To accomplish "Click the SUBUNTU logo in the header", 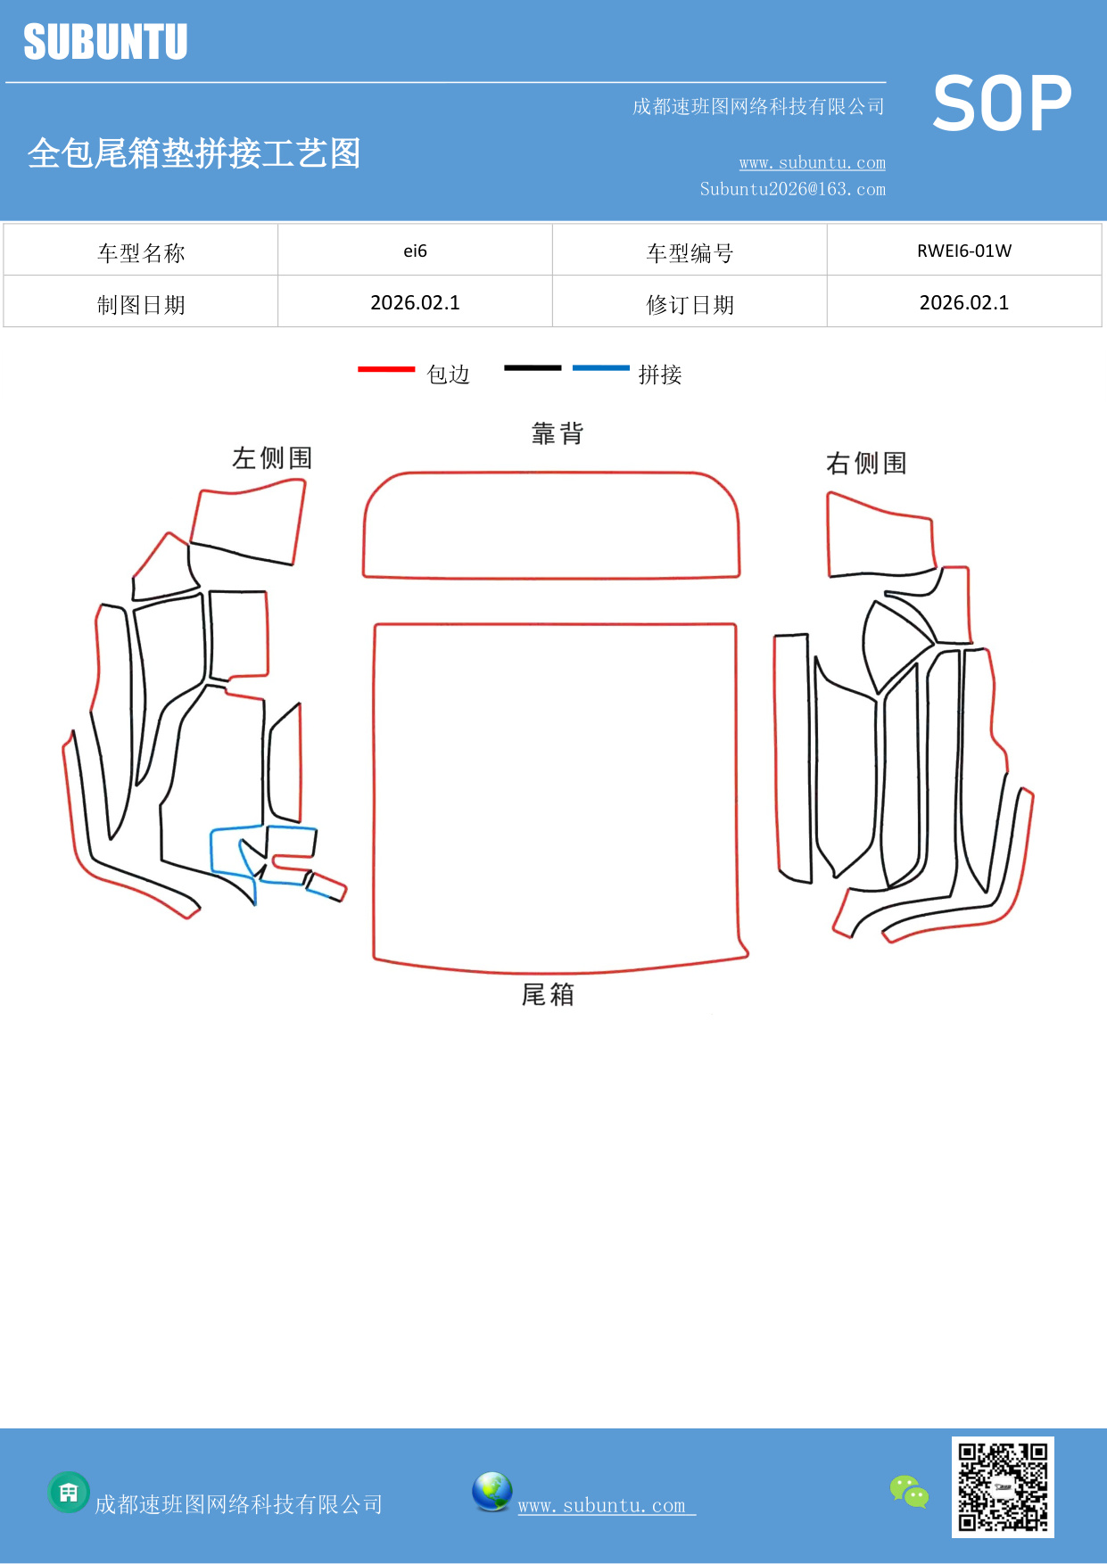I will pyautogui.click(x=105, y=42).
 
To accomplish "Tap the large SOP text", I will pyautogui.click(x=1002, y=104).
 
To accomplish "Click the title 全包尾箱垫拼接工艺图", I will pyautogui.click(x=194, y=153).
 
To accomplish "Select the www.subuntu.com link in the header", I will pyautogui.click(x=812, y=163).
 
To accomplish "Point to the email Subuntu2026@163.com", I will pyautogui.click(x=792, y=189).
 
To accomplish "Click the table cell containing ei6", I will pyautogui.click(x=415, y=251).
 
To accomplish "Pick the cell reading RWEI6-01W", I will pyautogui.click(x=963, y=251).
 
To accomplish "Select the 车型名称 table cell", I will pyautogui.click(x=141, y=253).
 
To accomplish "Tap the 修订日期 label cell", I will pyautogui.click(x=690, y=305).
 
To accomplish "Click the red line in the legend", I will pyautogui.click(x=385, y=369).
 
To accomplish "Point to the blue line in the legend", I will pyautogui.click(x=600, y=367).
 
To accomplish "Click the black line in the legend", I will pyautogui.click(x=533, y=367).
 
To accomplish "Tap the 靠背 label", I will pyautogui.click(x=558, y=434).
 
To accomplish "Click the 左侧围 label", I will pyautogui.click(x=272, y=458).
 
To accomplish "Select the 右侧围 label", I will pyautogui.click(x=866, y=464).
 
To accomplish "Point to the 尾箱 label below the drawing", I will pyautogui.click(x=548, y=994).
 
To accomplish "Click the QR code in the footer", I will pyautogui.click(x=1003, y=1487).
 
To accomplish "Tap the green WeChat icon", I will pyautogui.click(x=909, y=1492).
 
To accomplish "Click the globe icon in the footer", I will pyautogui.click(x=492, y=1492).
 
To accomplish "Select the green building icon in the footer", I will pyautogui.click(x=69, y=1492).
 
